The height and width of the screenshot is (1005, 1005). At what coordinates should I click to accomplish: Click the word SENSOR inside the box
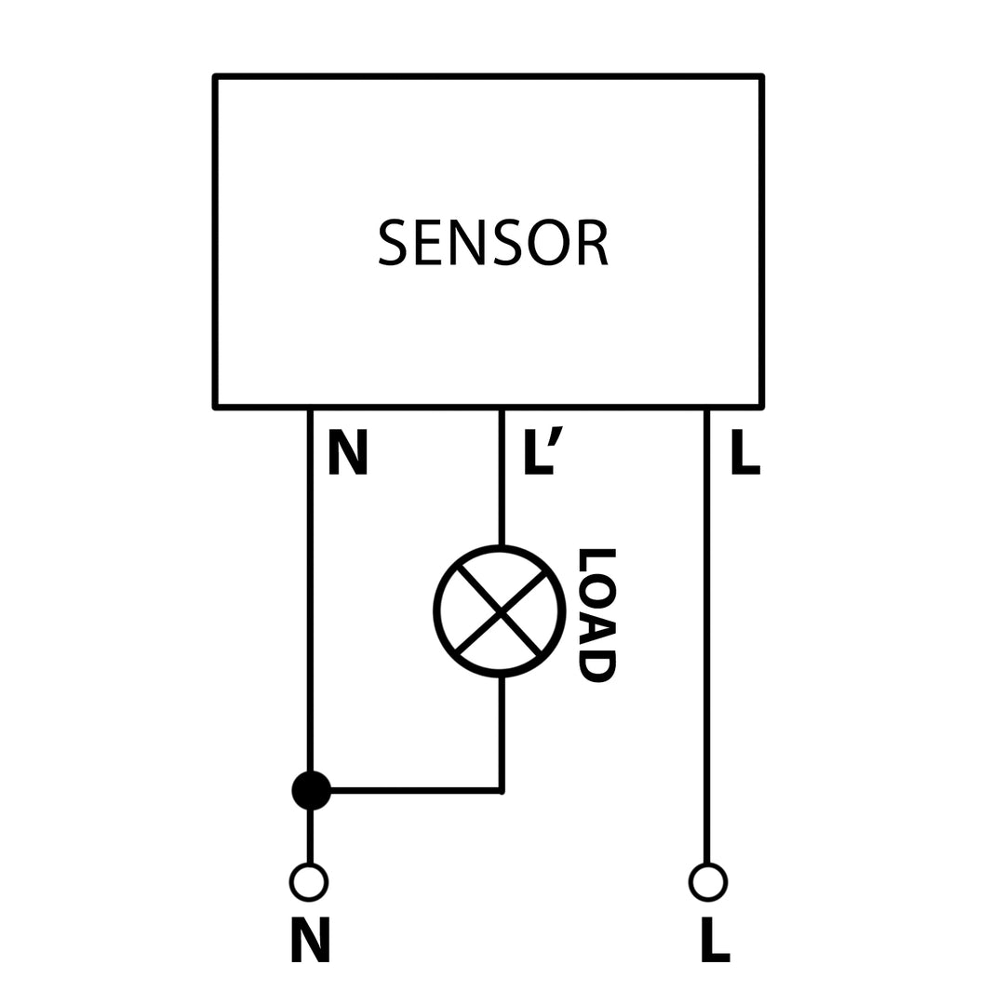coord(493,242)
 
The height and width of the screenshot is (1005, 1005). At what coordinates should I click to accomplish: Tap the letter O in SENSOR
coord(548,242)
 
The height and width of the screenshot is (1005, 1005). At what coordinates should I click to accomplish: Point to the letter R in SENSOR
coord(592,242)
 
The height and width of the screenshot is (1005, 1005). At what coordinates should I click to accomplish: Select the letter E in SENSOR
coord(427,242)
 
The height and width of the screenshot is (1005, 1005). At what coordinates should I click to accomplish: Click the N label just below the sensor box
coord(348,451)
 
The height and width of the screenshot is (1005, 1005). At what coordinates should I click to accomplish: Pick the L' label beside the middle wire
coord(543,451)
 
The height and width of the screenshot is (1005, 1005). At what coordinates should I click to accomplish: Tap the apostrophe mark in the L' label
coord(556,435)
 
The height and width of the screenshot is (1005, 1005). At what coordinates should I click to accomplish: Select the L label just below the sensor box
coord(745,451)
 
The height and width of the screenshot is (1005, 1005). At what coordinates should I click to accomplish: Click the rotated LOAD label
coord(597,615)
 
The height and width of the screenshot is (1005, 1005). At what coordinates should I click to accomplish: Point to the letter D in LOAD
coord(597,666)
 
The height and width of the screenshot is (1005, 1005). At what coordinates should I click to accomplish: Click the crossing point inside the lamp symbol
coord(501,611)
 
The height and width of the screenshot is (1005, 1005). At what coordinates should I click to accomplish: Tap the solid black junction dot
coord(311,790)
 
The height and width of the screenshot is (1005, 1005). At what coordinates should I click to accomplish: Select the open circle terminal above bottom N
coord(309,882)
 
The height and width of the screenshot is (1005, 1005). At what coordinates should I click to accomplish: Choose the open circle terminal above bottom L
coord(708,882)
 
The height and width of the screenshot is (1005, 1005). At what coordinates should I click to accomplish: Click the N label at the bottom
coord(310,939)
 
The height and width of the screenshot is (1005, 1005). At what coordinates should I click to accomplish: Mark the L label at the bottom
coord(715,939)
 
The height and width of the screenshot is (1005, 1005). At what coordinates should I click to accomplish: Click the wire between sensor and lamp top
coord(502,476)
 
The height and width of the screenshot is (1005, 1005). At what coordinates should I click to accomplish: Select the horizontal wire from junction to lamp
coord(414,791)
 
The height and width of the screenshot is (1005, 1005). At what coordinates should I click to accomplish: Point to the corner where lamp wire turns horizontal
coord(501,791)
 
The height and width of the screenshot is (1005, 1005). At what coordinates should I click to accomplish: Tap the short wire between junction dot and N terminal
coord(310,836)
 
